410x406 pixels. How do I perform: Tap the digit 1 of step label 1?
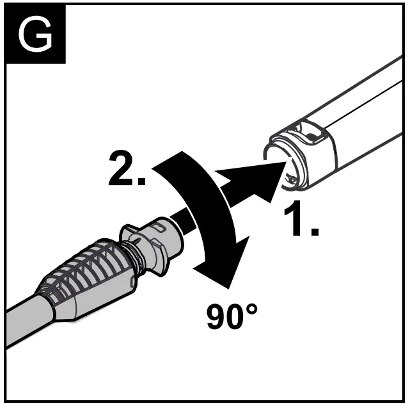[293, 220]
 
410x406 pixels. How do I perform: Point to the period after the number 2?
[143, 181]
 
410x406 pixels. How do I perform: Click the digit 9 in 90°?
[218, 317]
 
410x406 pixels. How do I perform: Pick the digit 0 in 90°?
[237, 317]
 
